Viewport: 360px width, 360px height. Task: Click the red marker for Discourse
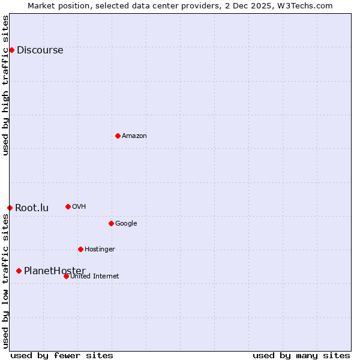tap(11, 50)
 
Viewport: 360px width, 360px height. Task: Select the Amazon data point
tap(118, 136)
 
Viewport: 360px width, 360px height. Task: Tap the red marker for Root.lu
tap(10, 208)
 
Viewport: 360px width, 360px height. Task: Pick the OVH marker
tap(68, 206)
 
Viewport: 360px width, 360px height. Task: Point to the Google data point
tap(111, 223)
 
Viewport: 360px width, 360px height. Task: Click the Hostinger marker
tap(80, 249)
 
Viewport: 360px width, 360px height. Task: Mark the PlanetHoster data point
tap(19, 271)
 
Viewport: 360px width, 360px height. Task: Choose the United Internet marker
tap(66, 276)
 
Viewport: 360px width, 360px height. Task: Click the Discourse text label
tap(40, 50)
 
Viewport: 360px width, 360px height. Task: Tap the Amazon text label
tap(134, 136)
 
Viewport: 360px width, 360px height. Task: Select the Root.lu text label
tap(32, 208)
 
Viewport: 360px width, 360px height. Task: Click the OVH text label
tap(79, 207)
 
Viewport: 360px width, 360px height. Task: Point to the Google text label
tap(126, 224)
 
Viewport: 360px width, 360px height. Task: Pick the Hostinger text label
tap(100, 250)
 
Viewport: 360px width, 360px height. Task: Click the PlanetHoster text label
tap(55, 271)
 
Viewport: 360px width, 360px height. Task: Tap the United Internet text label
tap(94, 277)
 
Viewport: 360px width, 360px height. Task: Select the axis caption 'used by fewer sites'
tap(62, 355)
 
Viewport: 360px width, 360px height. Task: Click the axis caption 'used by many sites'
tap(301, 355)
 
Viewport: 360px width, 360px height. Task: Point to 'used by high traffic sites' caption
tap(6, 85)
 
